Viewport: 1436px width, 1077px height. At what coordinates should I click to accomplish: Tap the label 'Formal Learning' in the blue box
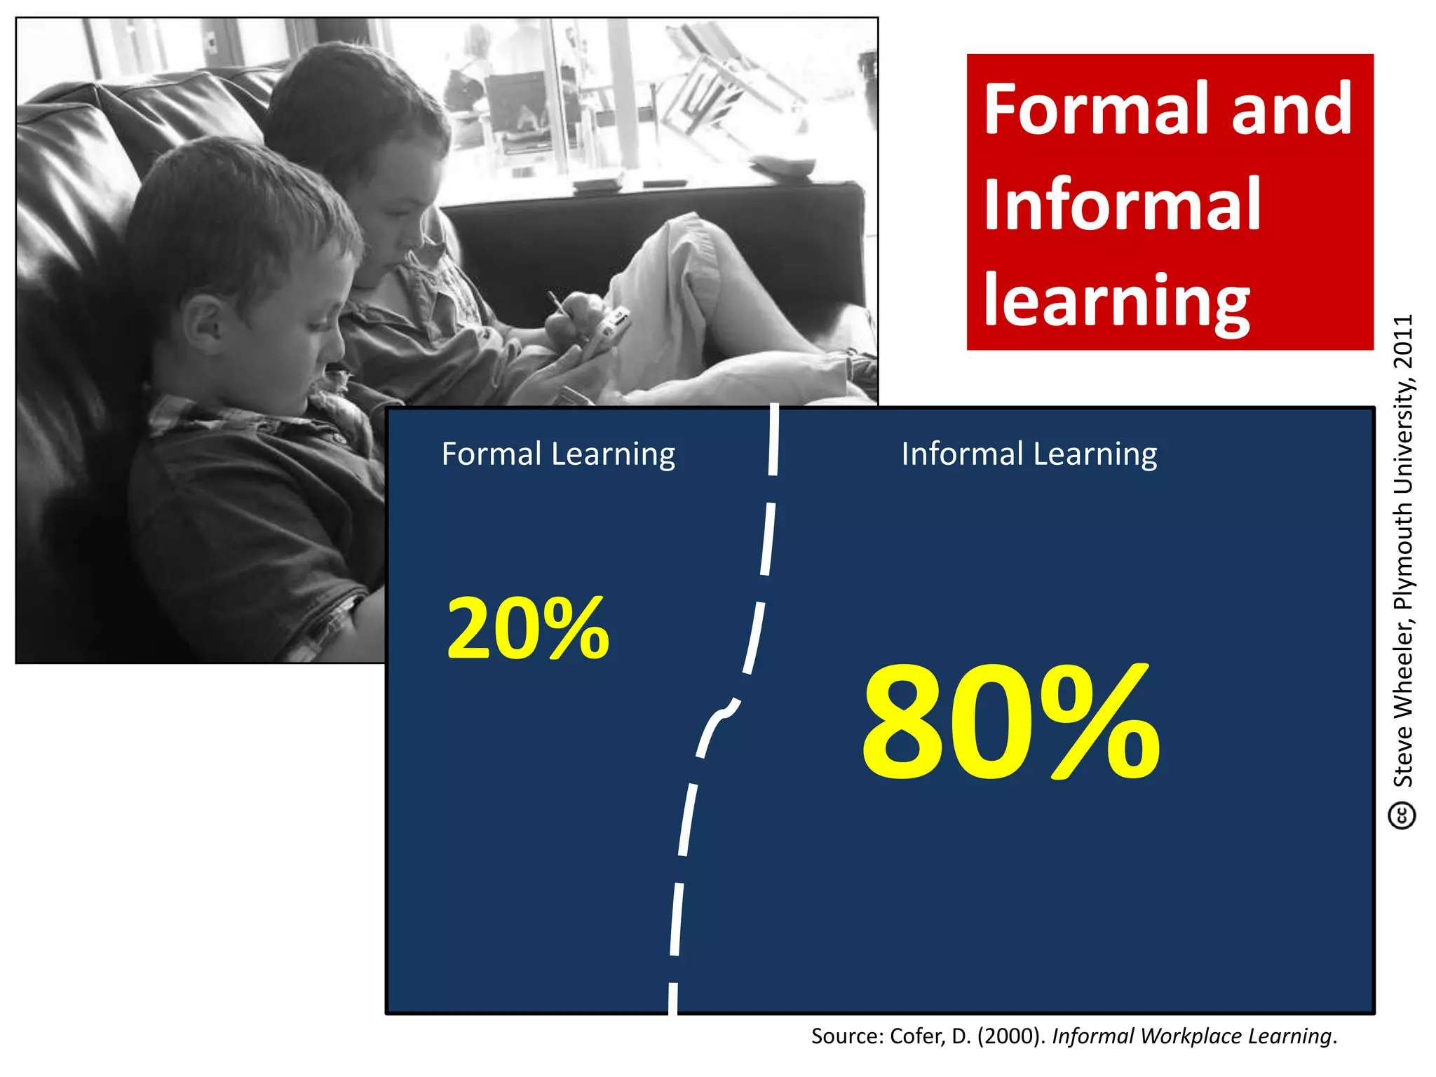558,454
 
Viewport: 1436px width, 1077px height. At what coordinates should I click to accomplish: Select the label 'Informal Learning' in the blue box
1029,454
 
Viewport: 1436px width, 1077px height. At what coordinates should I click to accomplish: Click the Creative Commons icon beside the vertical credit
1402,815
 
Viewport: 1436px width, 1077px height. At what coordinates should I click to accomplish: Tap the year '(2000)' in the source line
1008,1036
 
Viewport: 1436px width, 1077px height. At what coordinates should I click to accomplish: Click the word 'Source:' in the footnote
847,1036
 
